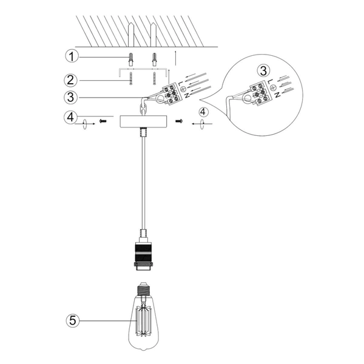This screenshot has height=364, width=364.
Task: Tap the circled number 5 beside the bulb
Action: (73, 320)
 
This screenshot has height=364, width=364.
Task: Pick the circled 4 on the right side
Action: (204, 112)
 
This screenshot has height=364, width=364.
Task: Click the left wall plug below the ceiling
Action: (130, 59)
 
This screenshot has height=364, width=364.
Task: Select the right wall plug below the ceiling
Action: (155, 59)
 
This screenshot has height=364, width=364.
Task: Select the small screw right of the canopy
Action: (179, 121)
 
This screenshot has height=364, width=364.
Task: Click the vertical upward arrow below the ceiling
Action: (175, 59)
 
